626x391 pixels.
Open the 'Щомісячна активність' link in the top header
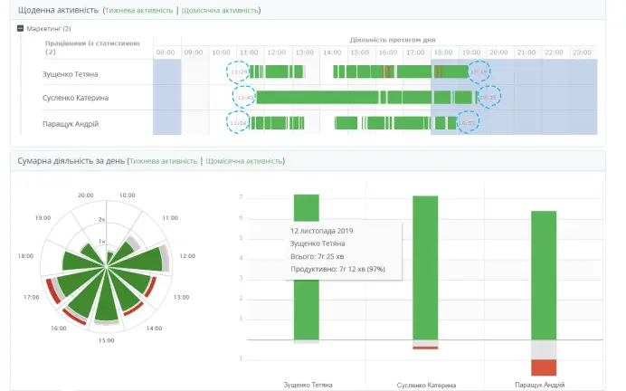click(221, 10)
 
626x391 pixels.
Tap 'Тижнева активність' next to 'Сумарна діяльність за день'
click(163, 161)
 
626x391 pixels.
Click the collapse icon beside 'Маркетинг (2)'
click(20, 29)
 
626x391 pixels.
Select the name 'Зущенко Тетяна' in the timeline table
click(70, 72)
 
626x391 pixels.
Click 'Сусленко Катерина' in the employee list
click(71, 98)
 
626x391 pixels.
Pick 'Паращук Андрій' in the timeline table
click(71, 123)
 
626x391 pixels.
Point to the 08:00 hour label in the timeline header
click(166, 52)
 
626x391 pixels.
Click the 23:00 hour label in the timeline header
click(582, 52)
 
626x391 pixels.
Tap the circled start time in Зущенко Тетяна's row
click(240, 72)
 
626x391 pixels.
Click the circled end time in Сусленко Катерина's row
click(487, 97)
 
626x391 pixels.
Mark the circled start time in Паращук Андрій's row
click(240, 122)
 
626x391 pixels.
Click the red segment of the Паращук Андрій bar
click(543, 367)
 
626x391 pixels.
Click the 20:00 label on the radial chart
click(86, 195)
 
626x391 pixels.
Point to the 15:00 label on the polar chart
click(107, 340)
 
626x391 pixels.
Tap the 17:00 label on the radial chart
click(30, 297)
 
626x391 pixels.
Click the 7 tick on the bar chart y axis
click(240, 197)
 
